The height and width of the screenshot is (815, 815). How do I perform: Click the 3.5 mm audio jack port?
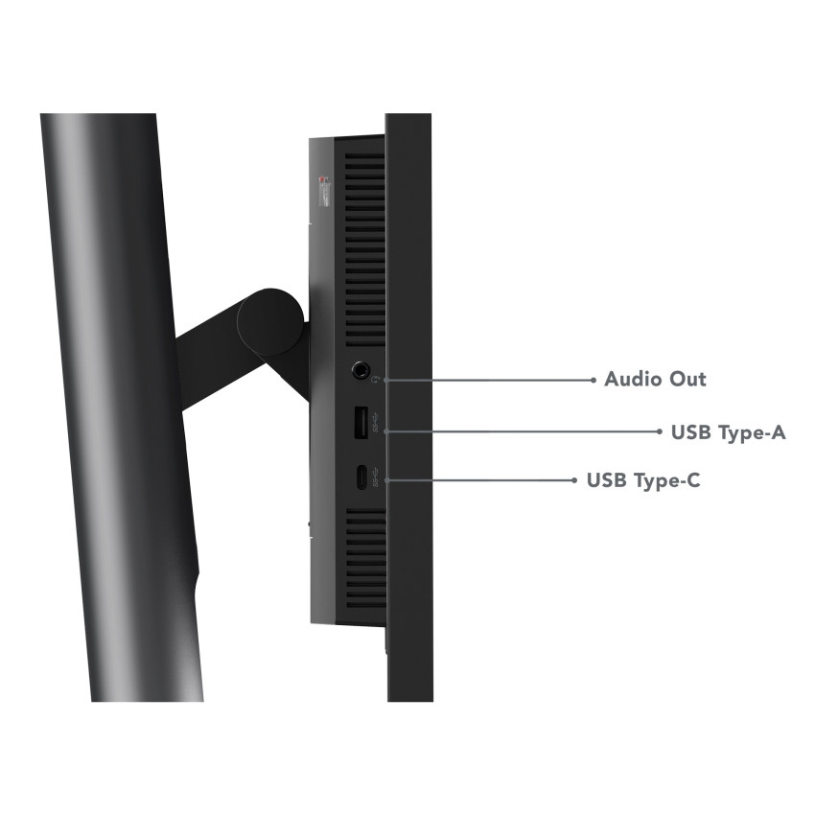click(360, 370)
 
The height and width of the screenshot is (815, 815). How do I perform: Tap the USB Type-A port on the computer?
click(361, 423)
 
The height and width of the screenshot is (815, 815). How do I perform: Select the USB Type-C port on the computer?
click(361, 477)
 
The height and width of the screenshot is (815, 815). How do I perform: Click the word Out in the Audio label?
click(687, 379)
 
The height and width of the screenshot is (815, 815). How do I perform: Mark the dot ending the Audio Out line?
click(594, 380)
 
